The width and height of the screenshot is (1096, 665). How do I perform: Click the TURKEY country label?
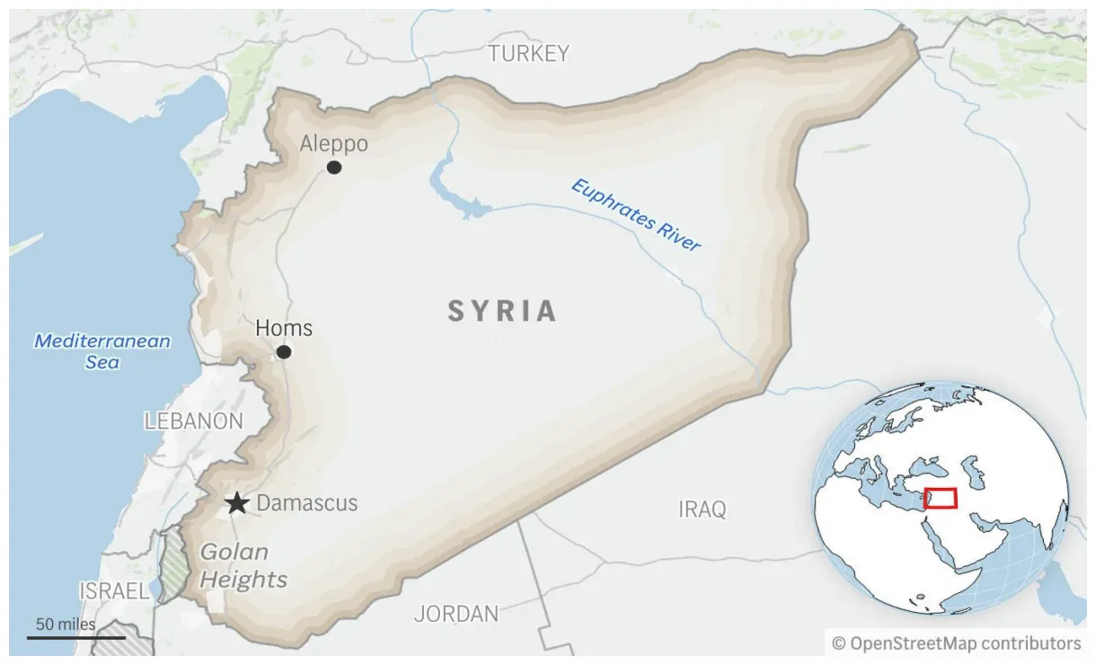tap(528, 54)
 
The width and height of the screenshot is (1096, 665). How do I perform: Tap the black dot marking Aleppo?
tap(334, 167)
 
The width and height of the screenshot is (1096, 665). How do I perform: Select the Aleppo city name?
tap(333, 144)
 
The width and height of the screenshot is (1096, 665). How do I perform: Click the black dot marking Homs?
tap(284, 352)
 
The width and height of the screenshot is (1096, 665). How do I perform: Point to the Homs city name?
tap(284, 328)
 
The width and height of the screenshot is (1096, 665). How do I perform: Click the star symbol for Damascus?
tap(237, 503)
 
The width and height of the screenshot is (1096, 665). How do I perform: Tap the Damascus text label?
tap(307, 503)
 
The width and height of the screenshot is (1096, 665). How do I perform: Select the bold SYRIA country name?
tap(502, 312)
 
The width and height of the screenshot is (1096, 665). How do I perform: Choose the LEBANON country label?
tap(193, 421)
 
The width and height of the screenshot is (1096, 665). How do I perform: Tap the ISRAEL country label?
tap(113, 591)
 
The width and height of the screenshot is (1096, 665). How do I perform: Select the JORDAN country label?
tap(456, 615)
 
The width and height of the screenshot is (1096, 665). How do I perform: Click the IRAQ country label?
tap(702, 510)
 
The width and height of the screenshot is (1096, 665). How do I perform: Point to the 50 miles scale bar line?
tap(62, 638)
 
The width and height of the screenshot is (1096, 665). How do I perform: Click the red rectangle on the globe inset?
tap(941, 498)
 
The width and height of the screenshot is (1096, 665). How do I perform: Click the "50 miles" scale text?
tap(65, 624)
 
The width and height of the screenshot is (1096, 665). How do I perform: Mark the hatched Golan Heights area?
tap(171, 566)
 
